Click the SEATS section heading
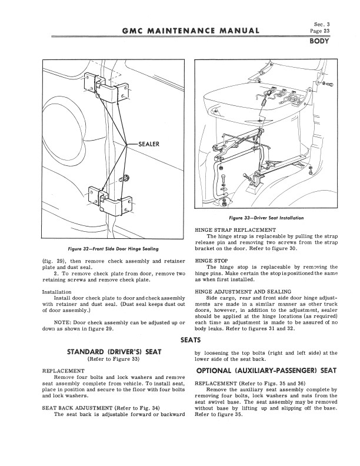pyautogui.click(x=191, y=341)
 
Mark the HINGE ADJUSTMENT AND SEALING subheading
pyautogui.click(x=242, y=291)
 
